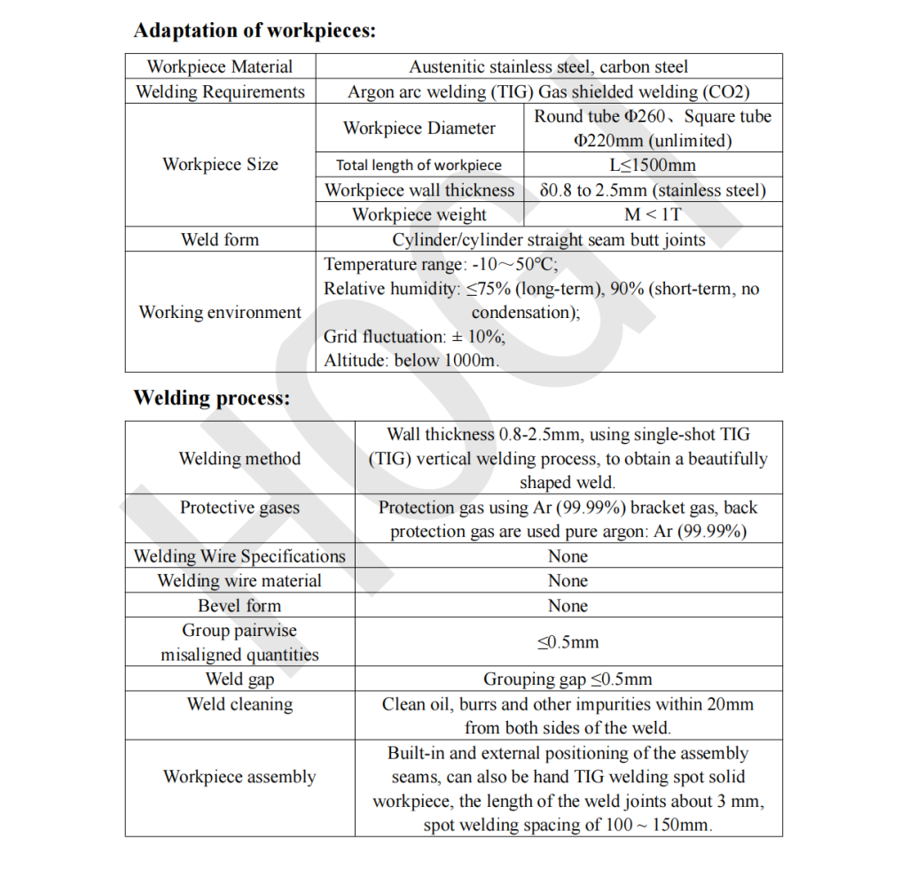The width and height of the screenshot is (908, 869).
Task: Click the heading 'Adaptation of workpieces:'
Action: pyautogui.click(x=254, y=31)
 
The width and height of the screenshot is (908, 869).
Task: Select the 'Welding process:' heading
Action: pyautogui.click(x=211, y=399)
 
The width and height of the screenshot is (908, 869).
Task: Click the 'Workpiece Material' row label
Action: pyautogui.click(x=220, y=66)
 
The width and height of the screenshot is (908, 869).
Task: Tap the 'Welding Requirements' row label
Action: pyautogui.click(x=220, y=92)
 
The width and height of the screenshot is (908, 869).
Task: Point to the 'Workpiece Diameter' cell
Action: pyautogui.click(x=419, y=128)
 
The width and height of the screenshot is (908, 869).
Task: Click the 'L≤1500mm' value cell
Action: pyautogui.click(x=653, y=165)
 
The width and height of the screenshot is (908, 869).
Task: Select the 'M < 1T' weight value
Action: pyautogui.click(x=653, y=214)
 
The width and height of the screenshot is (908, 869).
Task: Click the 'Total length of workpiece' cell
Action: pyautogui.click(x=419, y=165)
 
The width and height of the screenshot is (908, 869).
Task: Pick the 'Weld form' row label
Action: pyautogui.click(x=220, y=239)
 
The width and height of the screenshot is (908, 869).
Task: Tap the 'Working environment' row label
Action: pyautogui.click(x=220, y=312)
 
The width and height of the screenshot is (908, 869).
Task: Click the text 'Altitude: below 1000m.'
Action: pyautogui.click(x=411, y=361)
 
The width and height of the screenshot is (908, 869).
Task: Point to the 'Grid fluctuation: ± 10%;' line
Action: pyautogui.click(x=414, y=337)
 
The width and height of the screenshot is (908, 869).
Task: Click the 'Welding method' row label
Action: pyautogui.click(x=239, y=458)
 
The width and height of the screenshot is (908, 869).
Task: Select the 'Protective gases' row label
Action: pyautogui.click(x=239, y=508)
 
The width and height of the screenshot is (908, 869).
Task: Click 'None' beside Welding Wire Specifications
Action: pyautogui.click(x=567, y=556)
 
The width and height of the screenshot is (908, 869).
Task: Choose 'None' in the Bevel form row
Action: pyautogui.click(x=567, y=606)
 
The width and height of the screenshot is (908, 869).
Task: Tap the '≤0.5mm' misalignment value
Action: pyautogui.click(x=567, y=642)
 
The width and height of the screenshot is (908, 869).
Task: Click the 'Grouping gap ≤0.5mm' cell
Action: pyautogui.click(x=567, y=679)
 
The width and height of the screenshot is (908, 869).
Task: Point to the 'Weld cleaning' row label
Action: pyautogui.click(x=239, y=704)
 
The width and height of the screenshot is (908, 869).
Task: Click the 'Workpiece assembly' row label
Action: pyautogui.click(x=239, y=777)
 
